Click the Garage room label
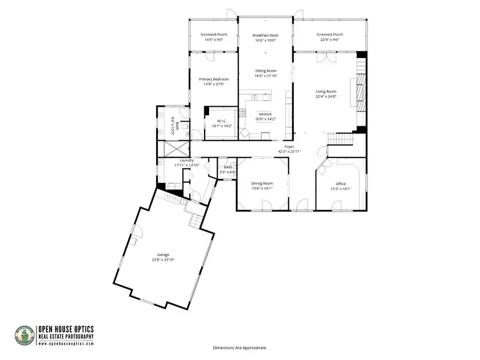point(163,255)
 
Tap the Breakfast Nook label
point(265,35)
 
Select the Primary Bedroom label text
point(213,79)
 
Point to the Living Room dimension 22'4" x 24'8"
point(326,97)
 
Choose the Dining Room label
point(262,183)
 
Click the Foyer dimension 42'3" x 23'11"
point(289,151)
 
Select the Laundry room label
point(186,160)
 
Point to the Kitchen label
point(265,114)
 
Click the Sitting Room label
point(265,70)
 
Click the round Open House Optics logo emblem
point(25,335)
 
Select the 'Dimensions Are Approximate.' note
point(239,348)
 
